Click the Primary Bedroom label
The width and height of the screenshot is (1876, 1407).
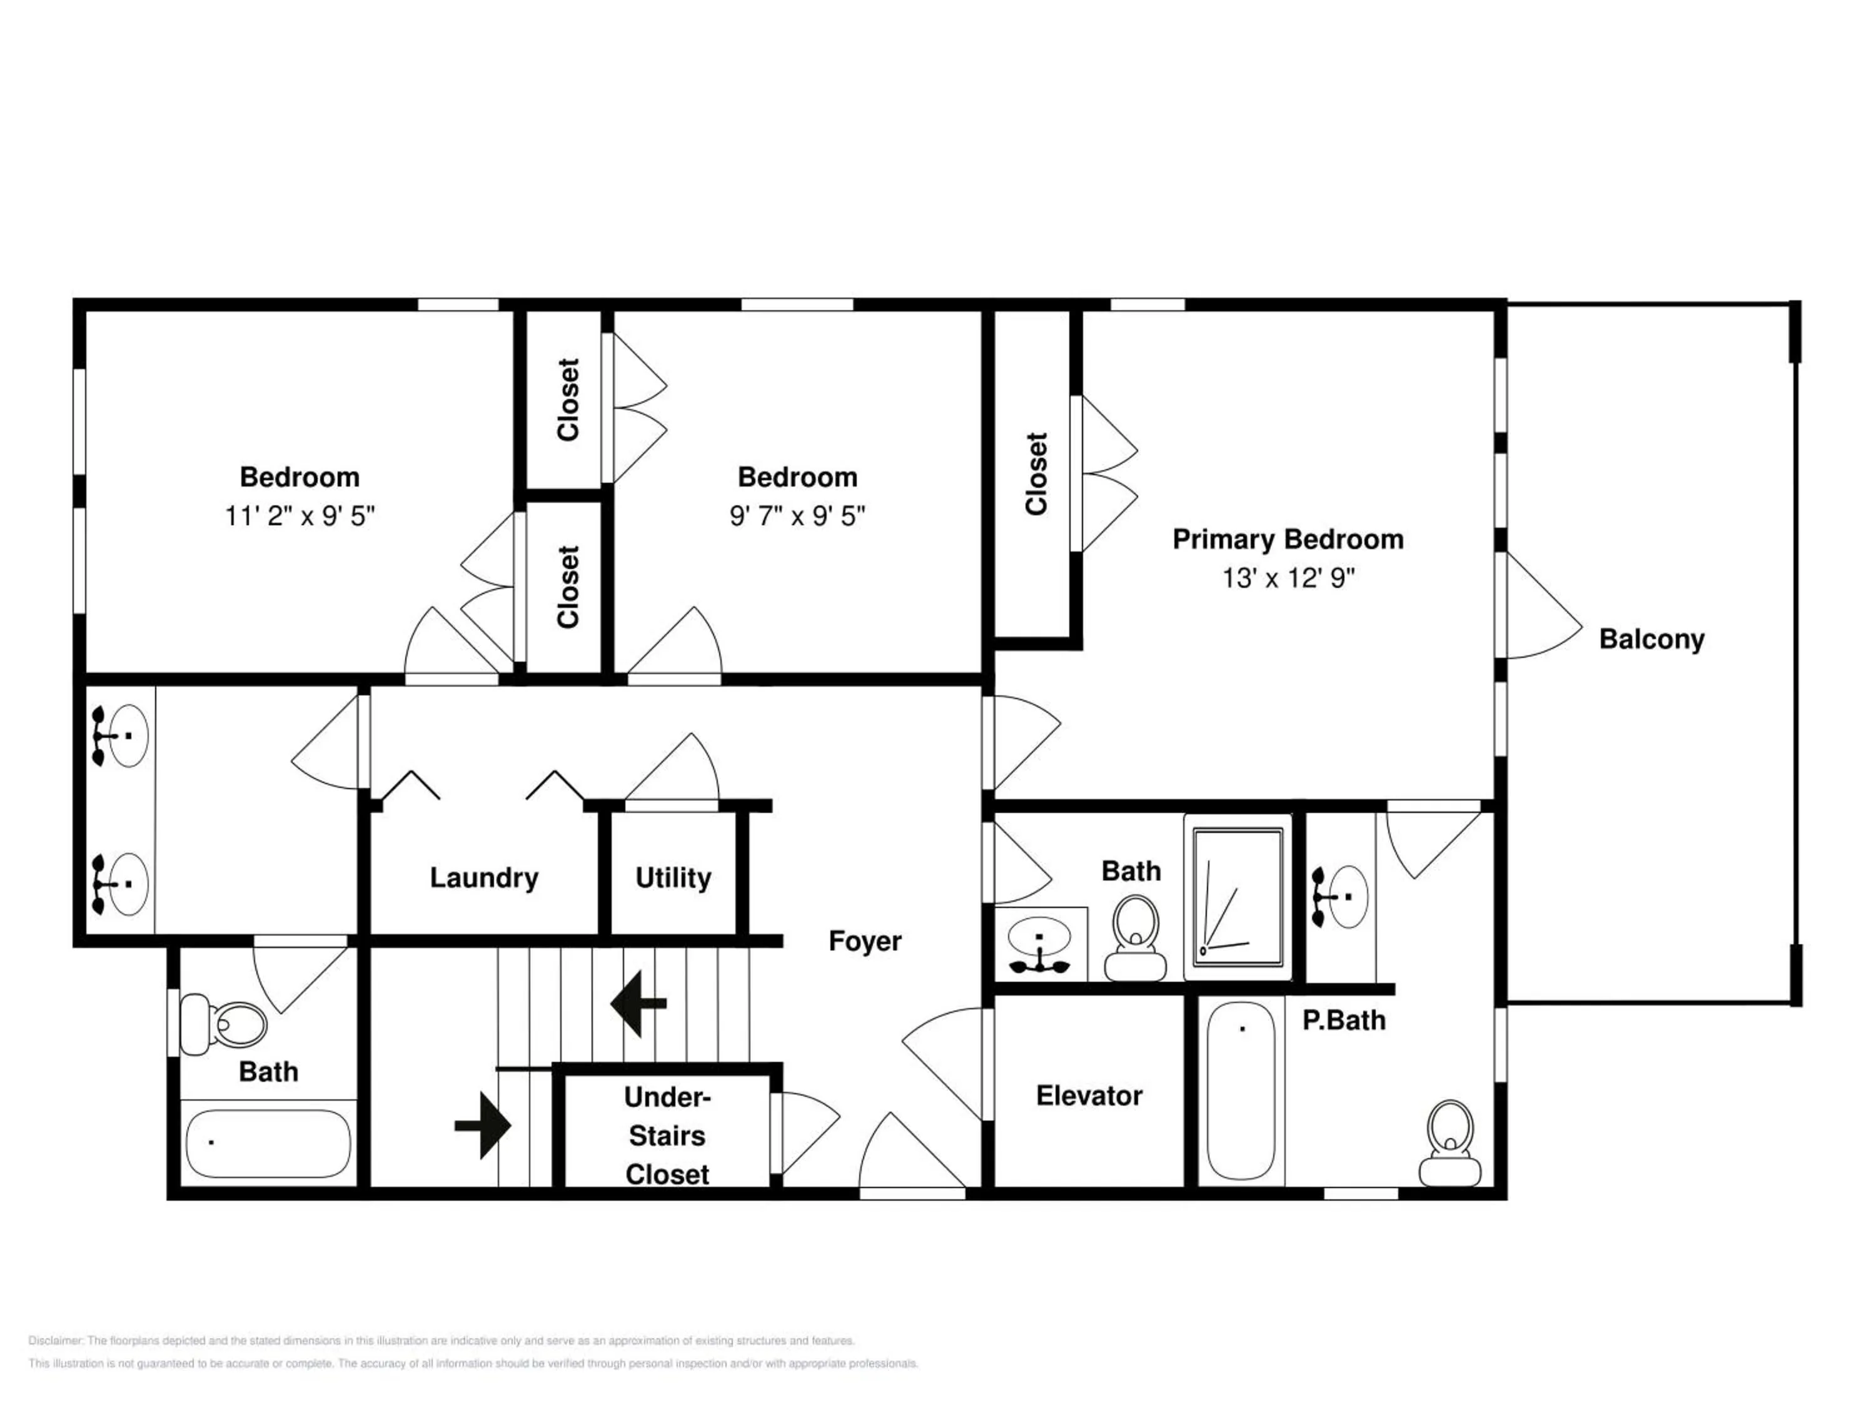[1288, 540]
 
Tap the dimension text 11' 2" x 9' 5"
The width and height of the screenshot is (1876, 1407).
[300, 516]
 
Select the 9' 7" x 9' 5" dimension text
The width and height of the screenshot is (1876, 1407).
[797, 516]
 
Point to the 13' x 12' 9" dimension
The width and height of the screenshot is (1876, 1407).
[1288, 578]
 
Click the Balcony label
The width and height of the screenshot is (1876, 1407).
[1652, 640]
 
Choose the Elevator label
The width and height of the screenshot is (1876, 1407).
[1089, 1096]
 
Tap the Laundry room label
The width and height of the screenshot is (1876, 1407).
[483, 878]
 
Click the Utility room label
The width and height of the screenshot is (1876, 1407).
[673, 878]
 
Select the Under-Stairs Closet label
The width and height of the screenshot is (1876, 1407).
[667, 1136]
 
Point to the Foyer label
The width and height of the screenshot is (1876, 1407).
[864, 941]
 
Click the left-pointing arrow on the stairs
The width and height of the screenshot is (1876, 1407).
[638, 1004]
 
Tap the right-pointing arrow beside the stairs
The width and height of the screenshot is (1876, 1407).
[483, 1126]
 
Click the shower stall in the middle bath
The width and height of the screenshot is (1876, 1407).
[1238, 897]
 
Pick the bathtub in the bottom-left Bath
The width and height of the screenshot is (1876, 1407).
[268, 1143]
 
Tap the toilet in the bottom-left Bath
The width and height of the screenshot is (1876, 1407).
[223, 1024]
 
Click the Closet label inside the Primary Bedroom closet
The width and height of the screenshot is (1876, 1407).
[1036, 474]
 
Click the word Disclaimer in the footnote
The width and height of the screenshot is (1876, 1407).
[56, 1341]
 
